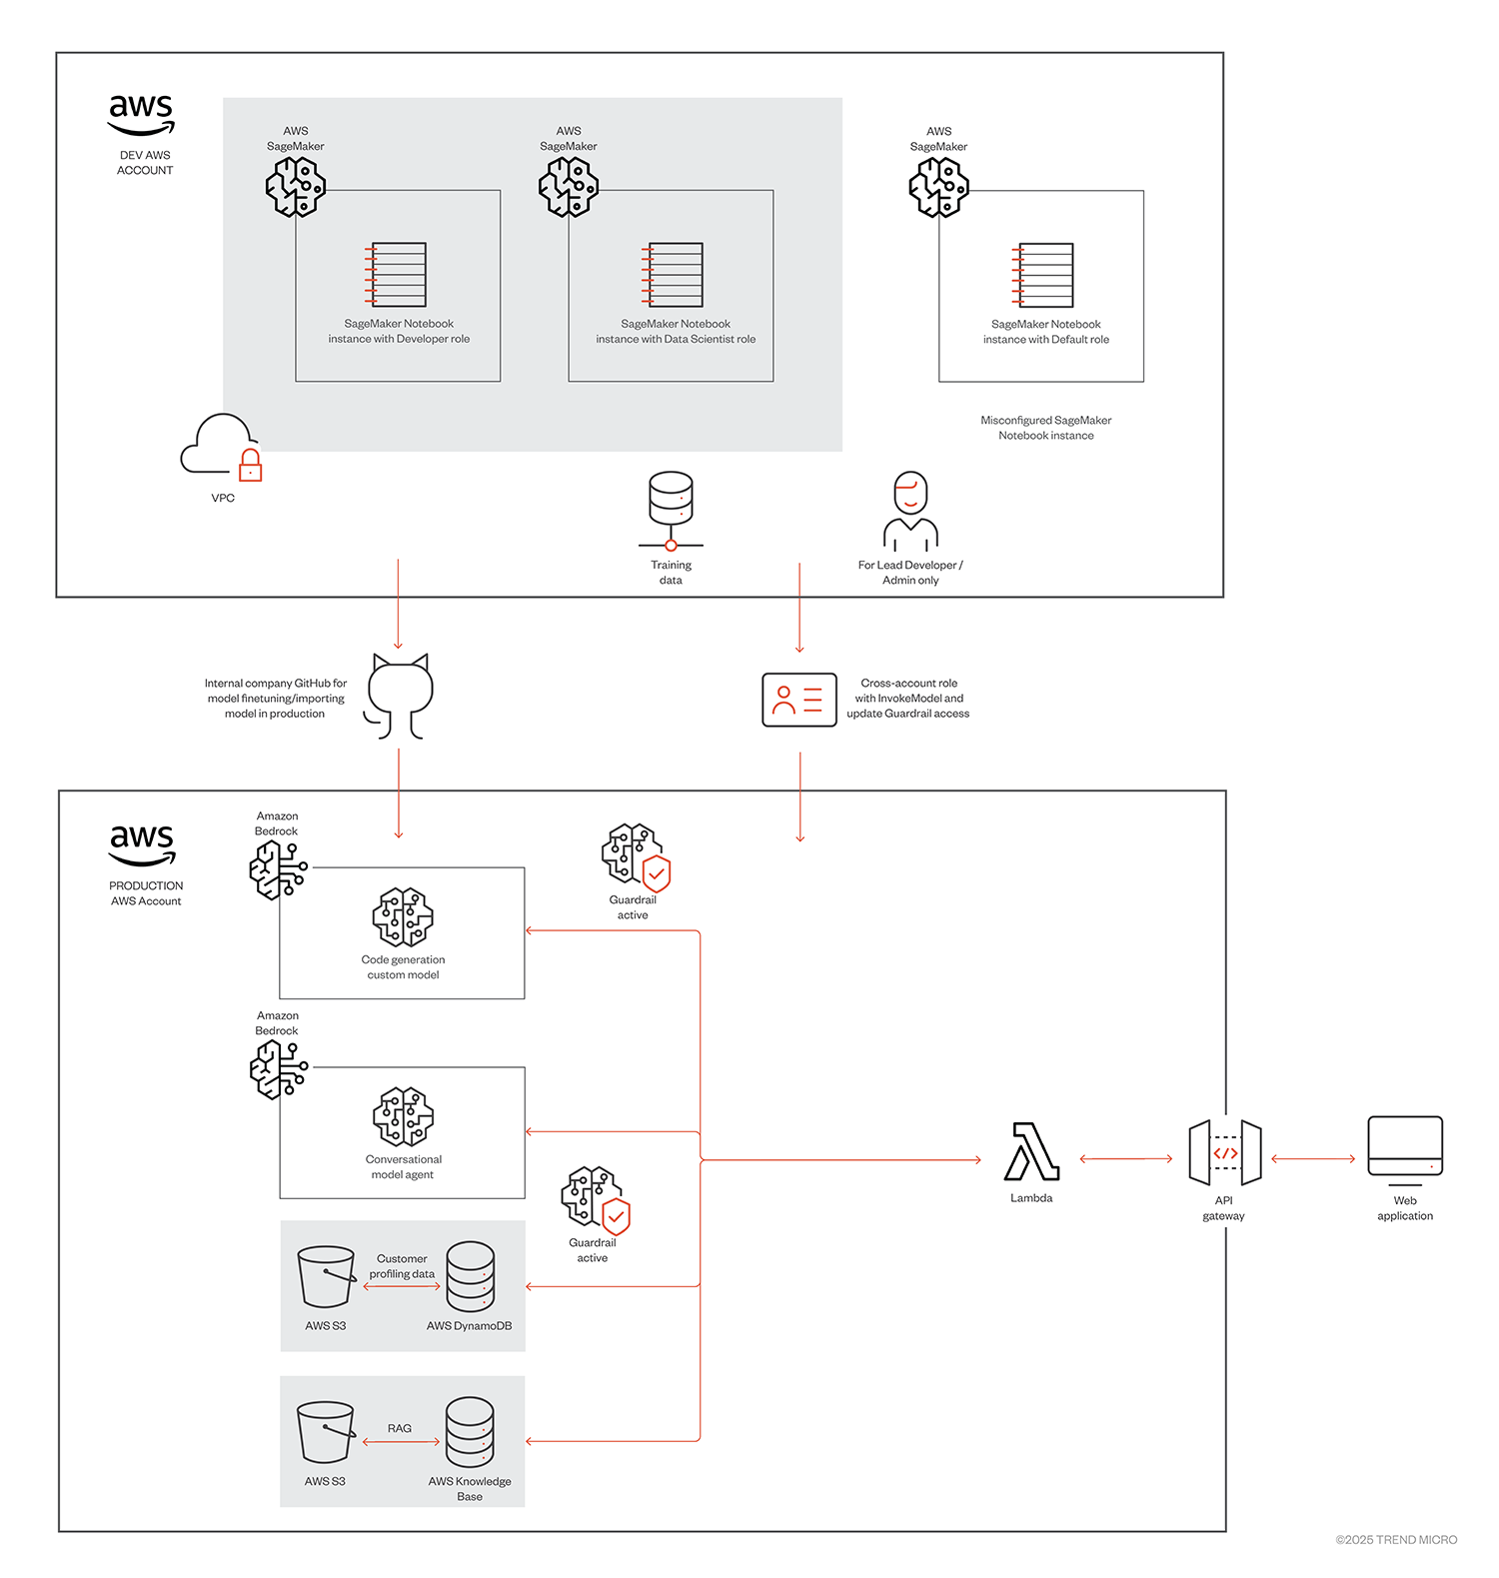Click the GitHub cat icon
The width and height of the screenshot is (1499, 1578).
(x=400, y=696)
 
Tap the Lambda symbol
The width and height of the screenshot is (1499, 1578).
(x=1031, y=1151)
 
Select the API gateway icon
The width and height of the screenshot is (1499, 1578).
(x=1224, y=1153)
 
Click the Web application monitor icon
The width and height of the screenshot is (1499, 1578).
(x=1404, y=1147)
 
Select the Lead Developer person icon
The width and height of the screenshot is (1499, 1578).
(x=910, y=511)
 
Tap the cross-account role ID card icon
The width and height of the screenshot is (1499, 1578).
(x=798, y=700)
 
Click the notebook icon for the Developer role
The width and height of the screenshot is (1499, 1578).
(x=397, y=274)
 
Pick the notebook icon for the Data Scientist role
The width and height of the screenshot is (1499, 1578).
(x=674, y=274)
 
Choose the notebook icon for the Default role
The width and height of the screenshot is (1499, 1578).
(x=1043, y=275)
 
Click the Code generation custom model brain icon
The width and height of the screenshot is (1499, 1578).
(x=403, y=916)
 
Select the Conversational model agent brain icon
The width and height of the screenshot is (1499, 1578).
(x=403, y=1116)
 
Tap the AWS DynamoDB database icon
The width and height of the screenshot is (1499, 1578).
(x=470, y=1276)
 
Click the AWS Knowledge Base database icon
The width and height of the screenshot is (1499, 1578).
(x=470, y=1432)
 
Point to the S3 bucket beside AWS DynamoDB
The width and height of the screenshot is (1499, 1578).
(x=326, y=1276)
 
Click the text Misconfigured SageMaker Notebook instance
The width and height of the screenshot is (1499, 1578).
(x=1045, y=428)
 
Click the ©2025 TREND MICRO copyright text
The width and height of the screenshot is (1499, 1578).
(x=1396, y=1540)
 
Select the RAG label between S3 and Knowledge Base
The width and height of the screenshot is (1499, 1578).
(x=400, y=1428)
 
